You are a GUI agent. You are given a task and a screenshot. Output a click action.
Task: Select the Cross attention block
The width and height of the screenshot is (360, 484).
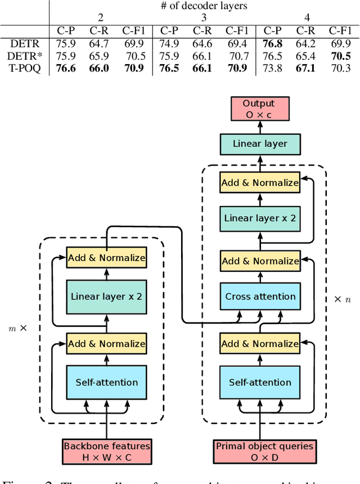coord(260,297)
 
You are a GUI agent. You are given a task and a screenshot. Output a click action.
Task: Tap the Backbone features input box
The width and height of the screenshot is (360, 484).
coord(107,451)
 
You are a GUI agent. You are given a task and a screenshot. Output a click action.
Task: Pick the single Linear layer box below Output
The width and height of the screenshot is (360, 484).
coord(260,144)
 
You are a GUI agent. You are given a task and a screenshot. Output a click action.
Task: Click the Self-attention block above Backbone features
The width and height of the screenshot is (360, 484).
coord(107,382)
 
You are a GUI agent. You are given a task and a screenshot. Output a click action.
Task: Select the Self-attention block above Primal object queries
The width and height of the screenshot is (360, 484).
coord(260,382)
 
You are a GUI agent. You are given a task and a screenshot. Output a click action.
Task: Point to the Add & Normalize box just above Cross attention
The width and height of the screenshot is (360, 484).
coord(260,261)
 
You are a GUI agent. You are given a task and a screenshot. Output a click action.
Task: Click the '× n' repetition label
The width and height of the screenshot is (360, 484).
coord(342,299)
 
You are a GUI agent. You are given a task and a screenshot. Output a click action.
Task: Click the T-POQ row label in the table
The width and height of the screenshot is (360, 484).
coord(25,69)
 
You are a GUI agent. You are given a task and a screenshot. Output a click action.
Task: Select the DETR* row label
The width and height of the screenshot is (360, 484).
coord(25,56)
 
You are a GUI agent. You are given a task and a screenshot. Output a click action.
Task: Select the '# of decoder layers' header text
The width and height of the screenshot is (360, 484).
coord(204,6)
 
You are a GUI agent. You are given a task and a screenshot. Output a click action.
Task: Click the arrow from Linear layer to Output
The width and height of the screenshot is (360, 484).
coord(260,127)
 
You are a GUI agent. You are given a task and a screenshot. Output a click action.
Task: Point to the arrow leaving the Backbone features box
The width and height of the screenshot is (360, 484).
coord(107,428)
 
